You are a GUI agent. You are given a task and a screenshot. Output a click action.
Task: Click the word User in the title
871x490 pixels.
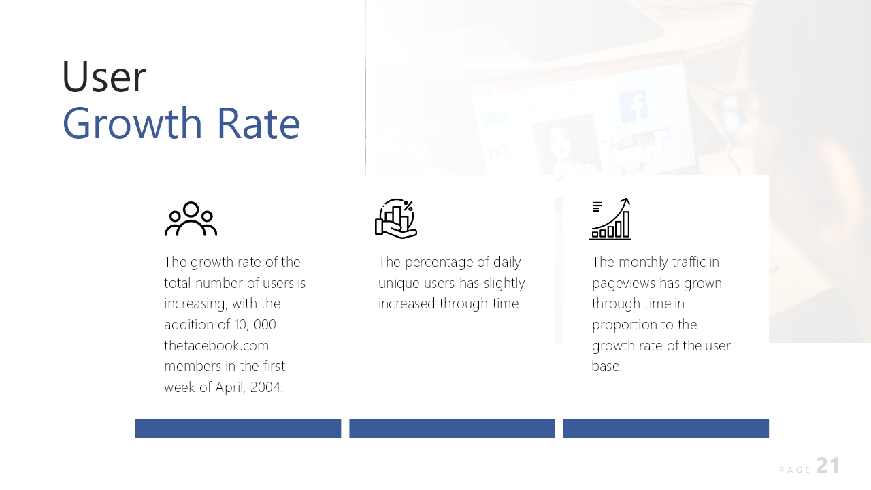point(104,76)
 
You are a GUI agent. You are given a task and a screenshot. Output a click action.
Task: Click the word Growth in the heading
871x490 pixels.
point(132,124)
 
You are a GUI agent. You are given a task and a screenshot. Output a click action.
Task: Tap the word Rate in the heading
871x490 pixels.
point(259,124)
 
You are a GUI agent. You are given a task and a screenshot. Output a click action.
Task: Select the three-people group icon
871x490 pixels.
point(191,218)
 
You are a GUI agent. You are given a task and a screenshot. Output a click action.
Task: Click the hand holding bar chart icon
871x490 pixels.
point(396,218)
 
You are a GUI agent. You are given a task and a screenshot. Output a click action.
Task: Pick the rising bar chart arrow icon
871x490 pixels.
point(610,219)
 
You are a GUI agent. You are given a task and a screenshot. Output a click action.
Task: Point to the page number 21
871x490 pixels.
point(828,465)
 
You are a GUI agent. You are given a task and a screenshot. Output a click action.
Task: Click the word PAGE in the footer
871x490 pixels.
point(794,470)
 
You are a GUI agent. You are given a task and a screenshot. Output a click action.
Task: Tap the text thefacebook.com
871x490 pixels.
point(216,345)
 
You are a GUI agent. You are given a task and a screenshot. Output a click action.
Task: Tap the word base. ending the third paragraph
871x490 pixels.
point(607,366)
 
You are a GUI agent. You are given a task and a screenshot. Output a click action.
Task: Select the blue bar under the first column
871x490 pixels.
point(238,428)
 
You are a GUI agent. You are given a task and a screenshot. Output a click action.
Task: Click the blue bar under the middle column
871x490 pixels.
point(452,428)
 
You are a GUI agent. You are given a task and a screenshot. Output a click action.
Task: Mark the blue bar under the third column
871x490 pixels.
point(665,428)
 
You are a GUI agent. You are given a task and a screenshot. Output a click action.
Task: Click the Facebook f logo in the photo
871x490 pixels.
point(634,105)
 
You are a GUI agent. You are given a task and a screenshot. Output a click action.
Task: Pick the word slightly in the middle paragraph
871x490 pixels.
point(504,284)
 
